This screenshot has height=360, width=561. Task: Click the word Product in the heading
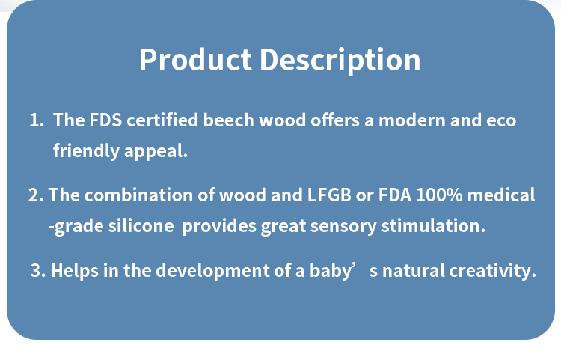pos(195,60)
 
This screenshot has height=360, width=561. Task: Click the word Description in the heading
pos(340,61)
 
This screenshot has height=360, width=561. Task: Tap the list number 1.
pos(37,120)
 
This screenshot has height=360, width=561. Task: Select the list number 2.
pos(36,195)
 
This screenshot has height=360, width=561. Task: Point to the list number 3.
pos(38,270)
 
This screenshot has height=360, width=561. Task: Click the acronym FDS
pos(105,120)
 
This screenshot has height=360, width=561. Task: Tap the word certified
pos(162,120)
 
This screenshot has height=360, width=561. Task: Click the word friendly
pos(86,150)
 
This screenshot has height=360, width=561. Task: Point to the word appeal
pos(156,152)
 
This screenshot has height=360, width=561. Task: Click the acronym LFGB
pos(329,195)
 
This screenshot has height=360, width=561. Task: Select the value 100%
pos(439,195)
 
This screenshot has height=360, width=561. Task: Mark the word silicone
pos(141,226)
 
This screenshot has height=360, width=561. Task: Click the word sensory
pos(343,227)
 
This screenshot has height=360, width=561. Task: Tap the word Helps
pos(75,271)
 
